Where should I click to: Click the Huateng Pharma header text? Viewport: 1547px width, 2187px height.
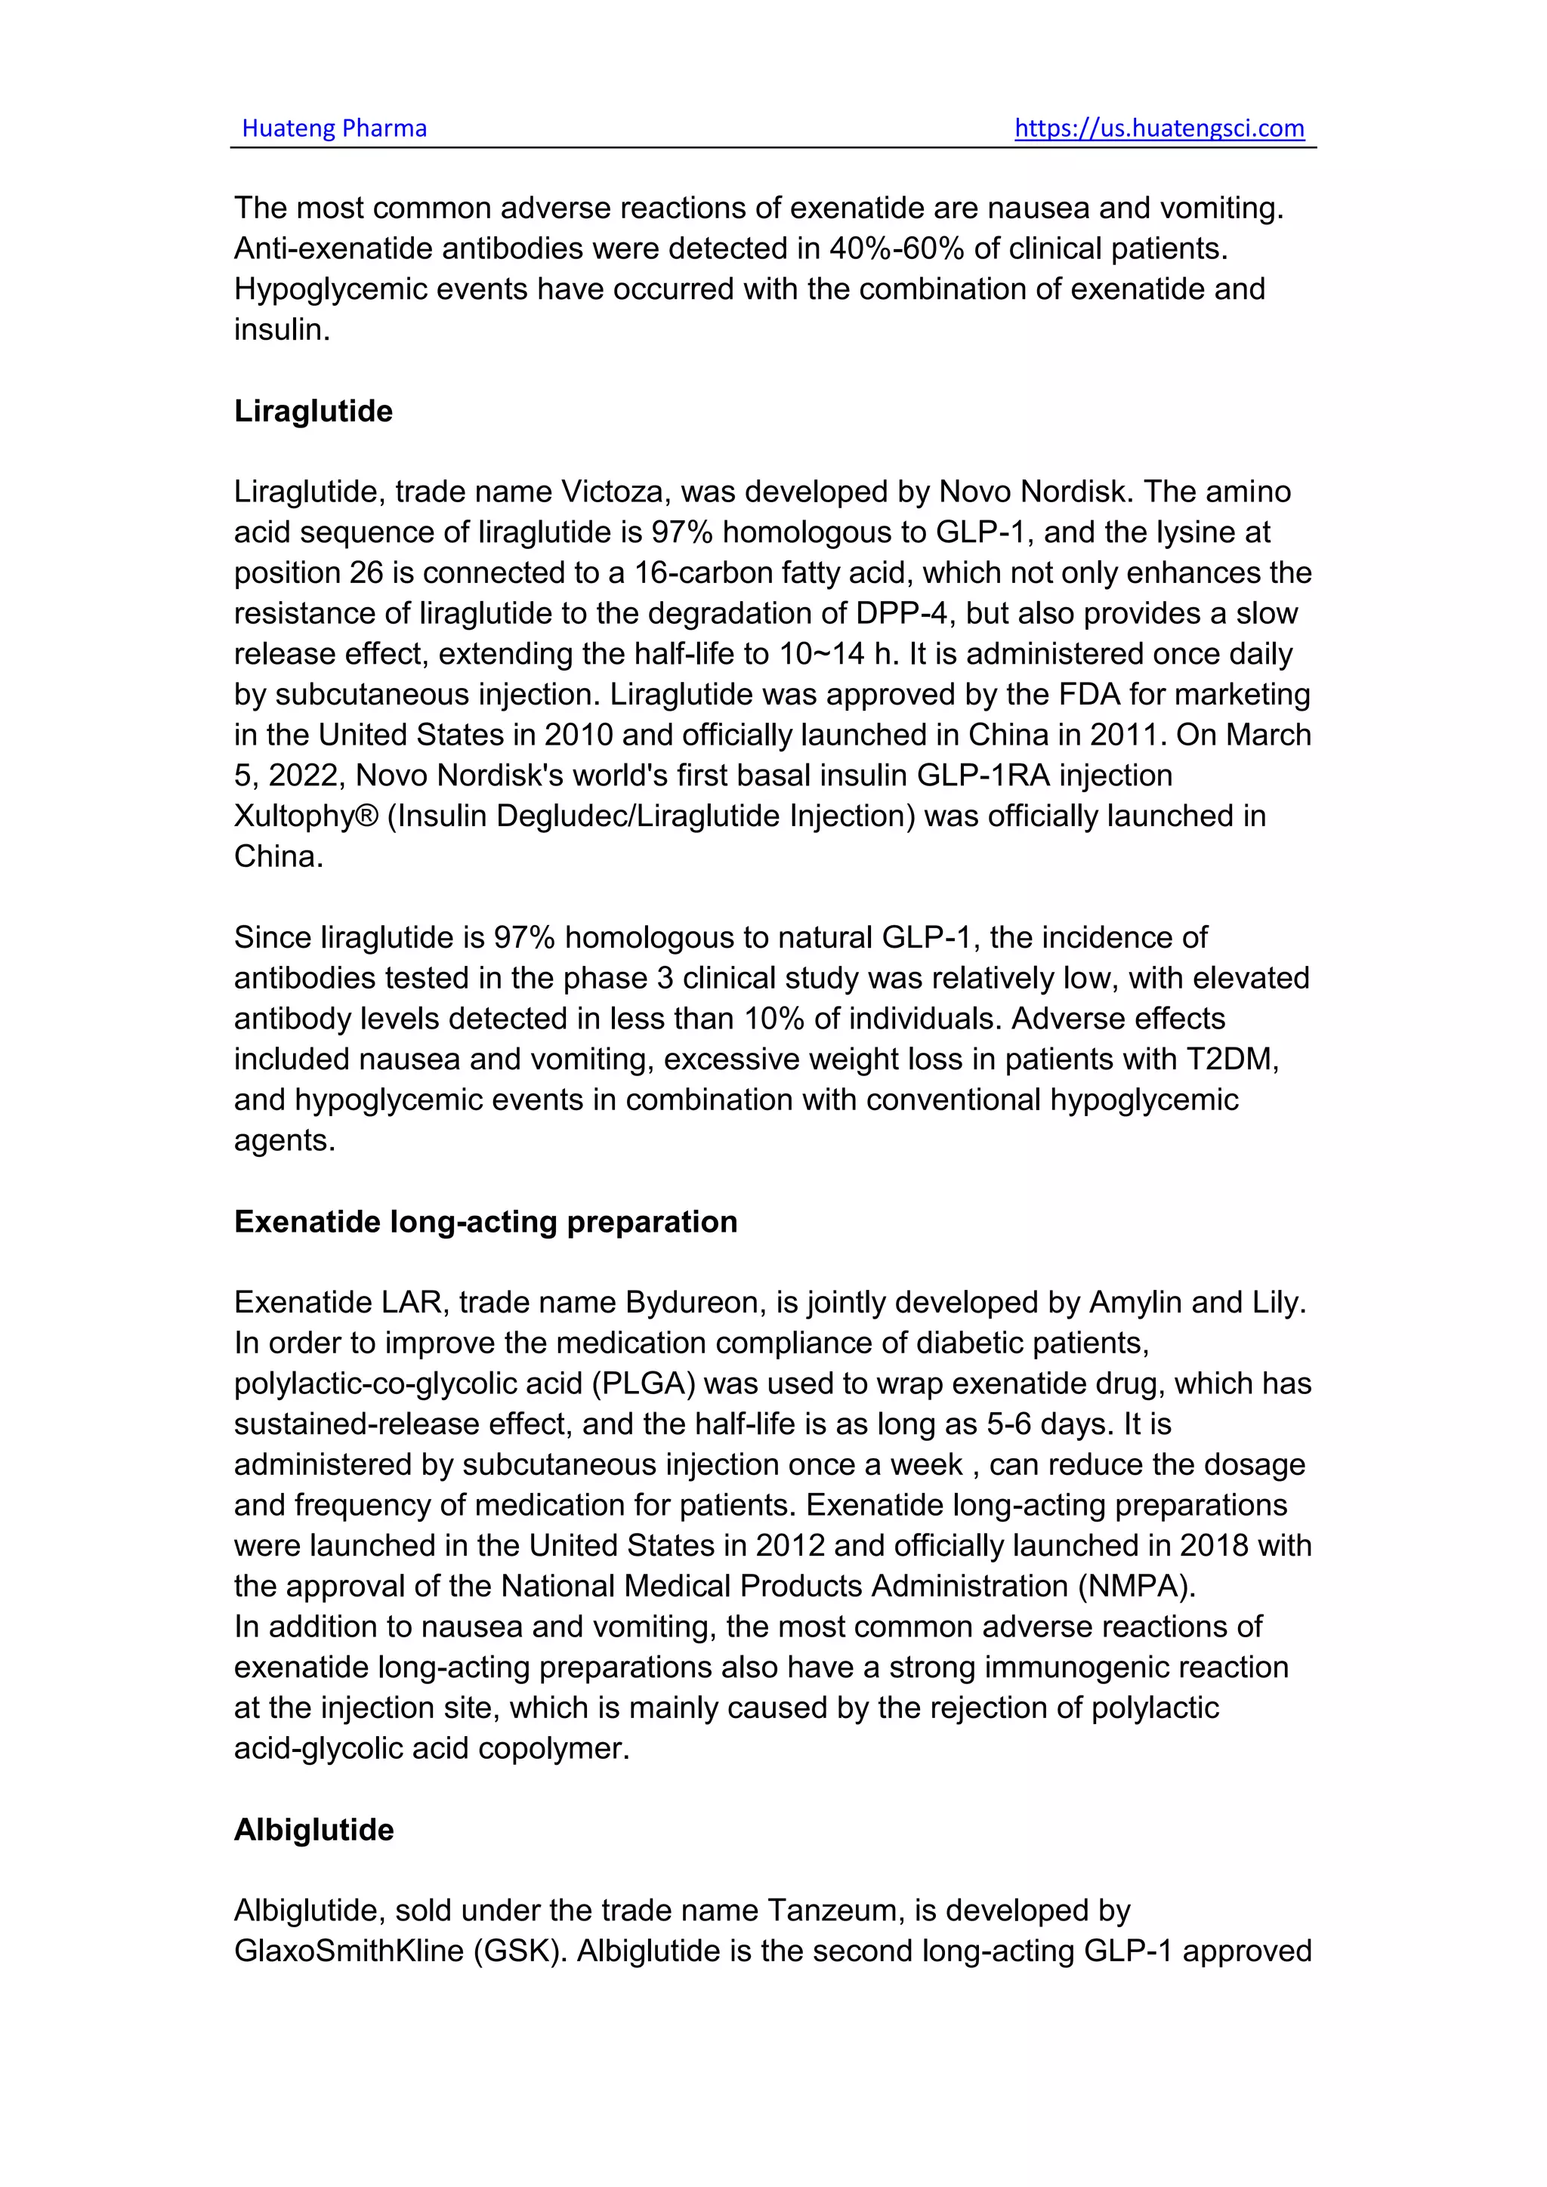click(335, 128)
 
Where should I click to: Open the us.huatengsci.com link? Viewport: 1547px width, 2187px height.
click(1159, 128)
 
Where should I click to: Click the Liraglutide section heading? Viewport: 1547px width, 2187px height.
click(313, 411)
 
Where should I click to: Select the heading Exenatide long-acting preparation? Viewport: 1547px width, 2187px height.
click(486, 1221)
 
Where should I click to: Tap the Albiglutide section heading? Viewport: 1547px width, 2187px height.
click(313, 1829)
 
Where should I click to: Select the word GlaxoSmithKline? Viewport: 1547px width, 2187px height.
click(349, 1951)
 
